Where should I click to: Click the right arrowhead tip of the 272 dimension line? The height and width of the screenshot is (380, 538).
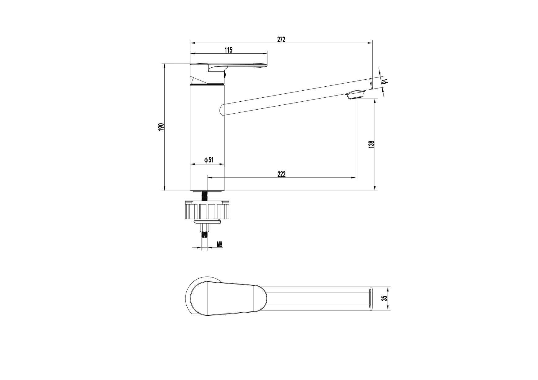[372, 43]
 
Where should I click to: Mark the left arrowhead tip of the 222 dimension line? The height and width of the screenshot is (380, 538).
[208, 177]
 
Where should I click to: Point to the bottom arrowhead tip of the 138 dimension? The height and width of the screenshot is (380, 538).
[375, 190]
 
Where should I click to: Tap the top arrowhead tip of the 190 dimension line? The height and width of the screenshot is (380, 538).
[165, 64]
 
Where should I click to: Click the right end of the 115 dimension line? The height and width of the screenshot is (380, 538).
[267, 54]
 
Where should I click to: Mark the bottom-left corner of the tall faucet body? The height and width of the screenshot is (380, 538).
[190, 191]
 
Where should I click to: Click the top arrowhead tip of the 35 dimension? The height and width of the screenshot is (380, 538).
[388, 287]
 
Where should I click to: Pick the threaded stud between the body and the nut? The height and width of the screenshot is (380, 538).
[204, 196]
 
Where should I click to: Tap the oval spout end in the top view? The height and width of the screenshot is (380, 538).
[371, 299]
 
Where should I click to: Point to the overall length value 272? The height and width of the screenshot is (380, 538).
[281, 40]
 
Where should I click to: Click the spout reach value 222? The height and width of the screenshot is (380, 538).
[281, 174]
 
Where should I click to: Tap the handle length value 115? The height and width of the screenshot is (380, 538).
[228, 50]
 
